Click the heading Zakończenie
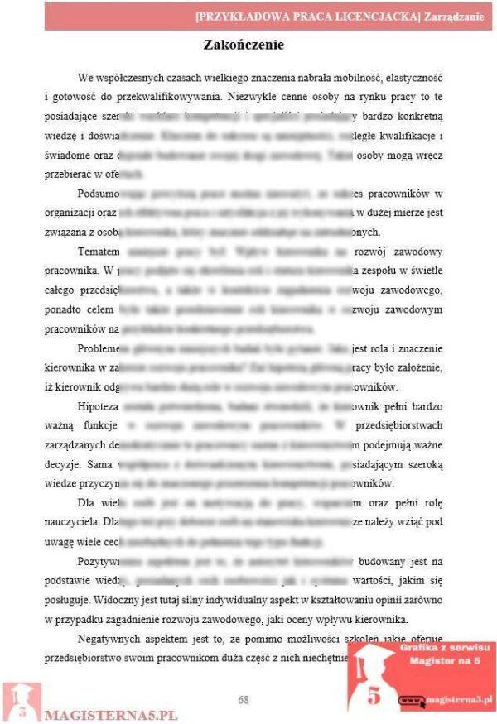[244, 45]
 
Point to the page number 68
[244, 699]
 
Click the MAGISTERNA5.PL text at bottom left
[112, 713]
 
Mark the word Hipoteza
[99, 407]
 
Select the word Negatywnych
[111, 639]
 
